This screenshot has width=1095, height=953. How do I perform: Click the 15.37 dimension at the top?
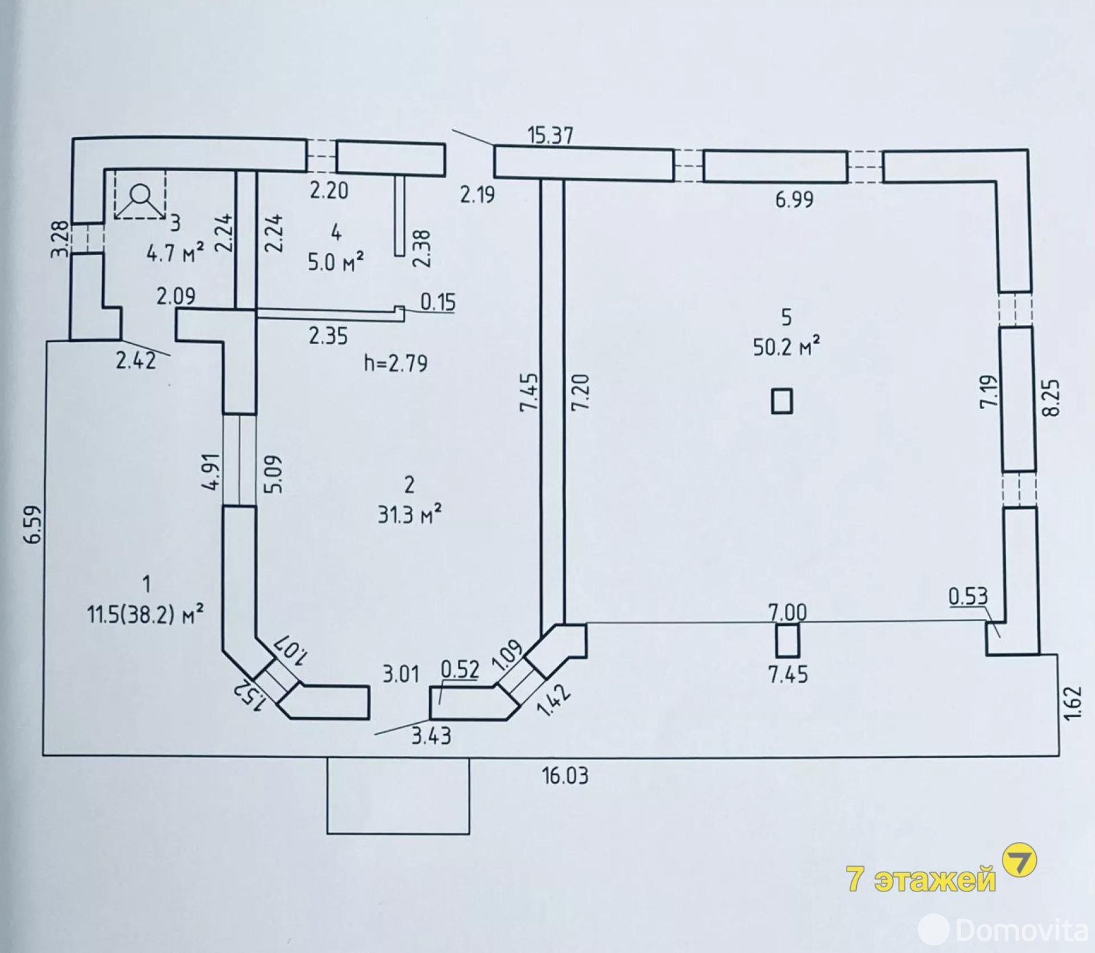point(550,135)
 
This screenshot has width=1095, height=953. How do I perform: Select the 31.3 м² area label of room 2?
point(409,514)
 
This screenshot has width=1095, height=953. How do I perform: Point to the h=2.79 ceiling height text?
point(396,363)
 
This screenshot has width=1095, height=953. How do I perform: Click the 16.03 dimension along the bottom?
point(565,776)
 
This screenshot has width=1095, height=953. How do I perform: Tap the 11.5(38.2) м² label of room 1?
point(145,614)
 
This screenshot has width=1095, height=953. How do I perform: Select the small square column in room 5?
point(782,401)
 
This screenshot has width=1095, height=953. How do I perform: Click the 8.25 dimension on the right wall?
point(1053,397)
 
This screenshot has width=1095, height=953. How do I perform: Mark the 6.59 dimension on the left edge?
point(32,525)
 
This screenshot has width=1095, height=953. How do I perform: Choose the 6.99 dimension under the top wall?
point(794,200)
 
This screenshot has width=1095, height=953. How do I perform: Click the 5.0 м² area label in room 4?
point(335,262)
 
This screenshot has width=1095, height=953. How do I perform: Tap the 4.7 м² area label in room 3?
point(175,254)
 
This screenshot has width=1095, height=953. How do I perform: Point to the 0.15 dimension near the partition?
point(438,302)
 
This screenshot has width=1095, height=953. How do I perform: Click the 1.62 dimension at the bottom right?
point(1074,703)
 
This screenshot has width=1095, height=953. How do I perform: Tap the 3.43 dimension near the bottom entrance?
point(431,736)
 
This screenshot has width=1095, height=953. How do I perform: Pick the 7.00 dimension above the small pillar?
point(787,612)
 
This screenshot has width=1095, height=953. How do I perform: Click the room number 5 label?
point(786,317)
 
